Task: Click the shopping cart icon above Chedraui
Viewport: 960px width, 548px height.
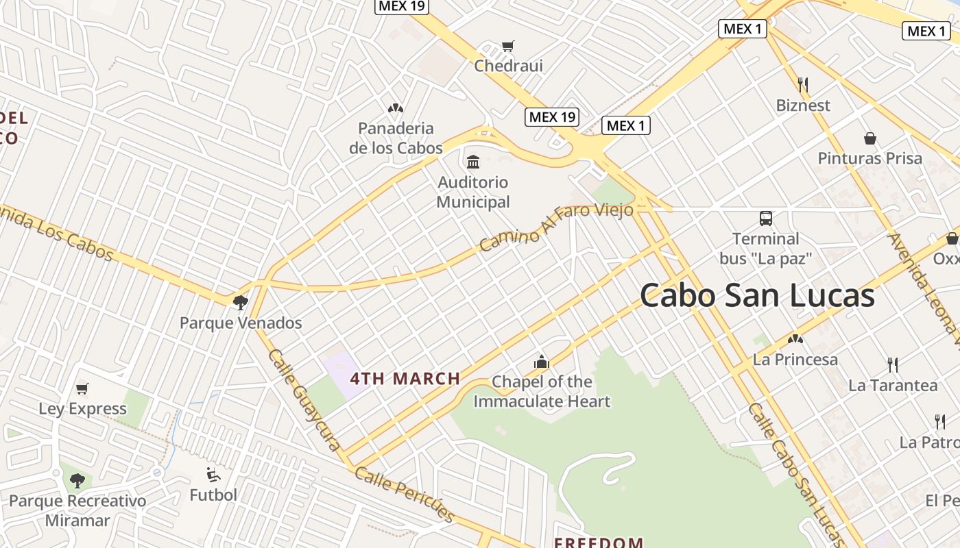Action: [507, 47]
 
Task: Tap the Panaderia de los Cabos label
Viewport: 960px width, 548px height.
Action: [396, 138]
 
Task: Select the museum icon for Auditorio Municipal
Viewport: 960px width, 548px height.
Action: [473, 162]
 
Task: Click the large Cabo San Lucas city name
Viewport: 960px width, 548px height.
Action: [757, 296]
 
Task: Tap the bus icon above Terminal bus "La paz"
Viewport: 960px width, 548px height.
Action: [766, 219]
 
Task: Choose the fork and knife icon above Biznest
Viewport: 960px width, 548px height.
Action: [803, 85]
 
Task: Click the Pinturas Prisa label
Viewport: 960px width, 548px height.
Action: [869, 158]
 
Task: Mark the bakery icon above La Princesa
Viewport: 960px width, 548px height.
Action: [795, 339]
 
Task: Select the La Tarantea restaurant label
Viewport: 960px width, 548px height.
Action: [892, 385]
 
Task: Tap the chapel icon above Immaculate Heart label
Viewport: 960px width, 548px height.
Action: [542, 362]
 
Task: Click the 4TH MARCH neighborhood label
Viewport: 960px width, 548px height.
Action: [405, 379]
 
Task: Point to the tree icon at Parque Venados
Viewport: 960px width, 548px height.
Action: [240, 302]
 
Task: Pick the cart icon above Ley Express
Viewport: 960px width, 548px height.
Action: [82, 389]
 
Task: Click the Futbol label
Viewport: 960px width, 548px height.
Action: [213, 495]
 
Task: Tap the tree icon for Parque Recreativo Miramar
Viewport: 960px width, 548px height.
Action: [77, 481]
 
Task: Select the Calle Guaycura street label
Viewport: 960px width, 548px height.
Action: [304, 400]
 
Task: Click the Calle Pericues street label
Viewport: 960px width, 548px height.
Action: [405, 495]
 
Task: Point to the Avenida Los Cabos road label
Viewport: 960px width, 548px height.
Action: [55, 232]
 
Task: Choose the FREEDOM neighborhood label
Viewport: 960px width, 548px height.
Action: [598, 543]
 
